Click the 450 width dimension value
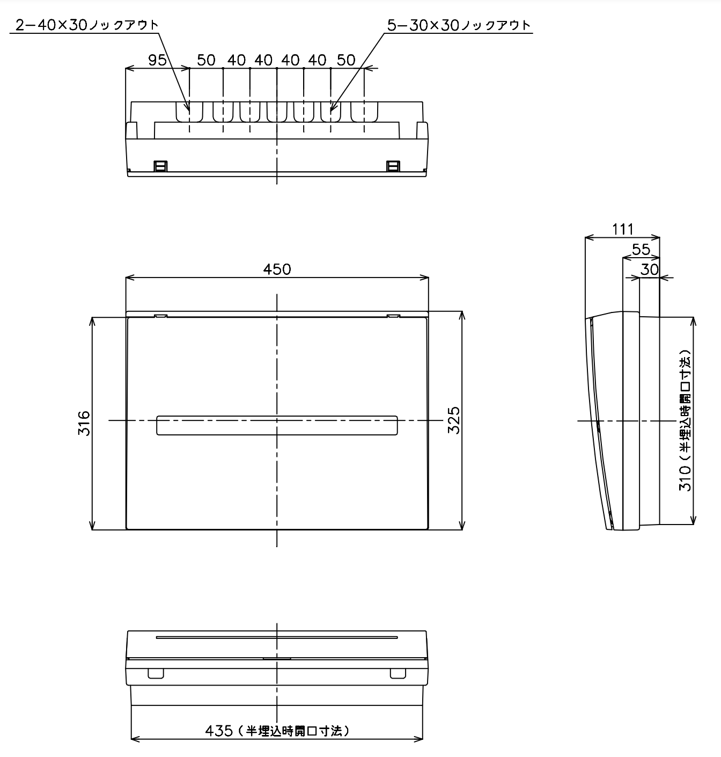(277, 269)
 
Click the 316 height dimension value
(84, 423)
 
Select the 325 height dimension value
(454, 420)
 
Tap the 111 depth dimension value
(622, 229)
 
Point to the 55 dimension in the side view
(641, 250)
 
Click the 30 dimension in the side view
(650, 270)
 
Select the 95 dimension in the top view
(157, 60)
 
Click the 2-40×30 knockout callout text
(87, 25)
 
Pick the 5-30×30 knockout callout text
(459, 25)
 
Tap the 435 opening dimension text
(277, 731)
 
